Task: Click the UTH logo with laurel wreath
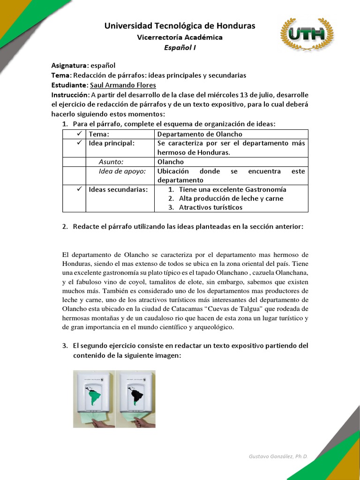click(307, 35)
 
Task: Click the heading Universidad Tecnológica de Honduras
click(180, 26)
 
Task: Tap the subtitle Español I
click(180, 47)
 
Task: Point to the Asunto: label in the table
click(111, 162)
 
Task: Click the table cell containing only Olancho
click(171, 162)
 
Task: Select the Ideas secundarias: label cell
click(118, 189)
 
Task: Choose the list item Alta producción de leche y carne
click(231, 198)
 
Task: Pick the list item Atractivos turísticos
click(211, 207)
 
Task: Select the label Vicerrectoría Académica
click(180, 37)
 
